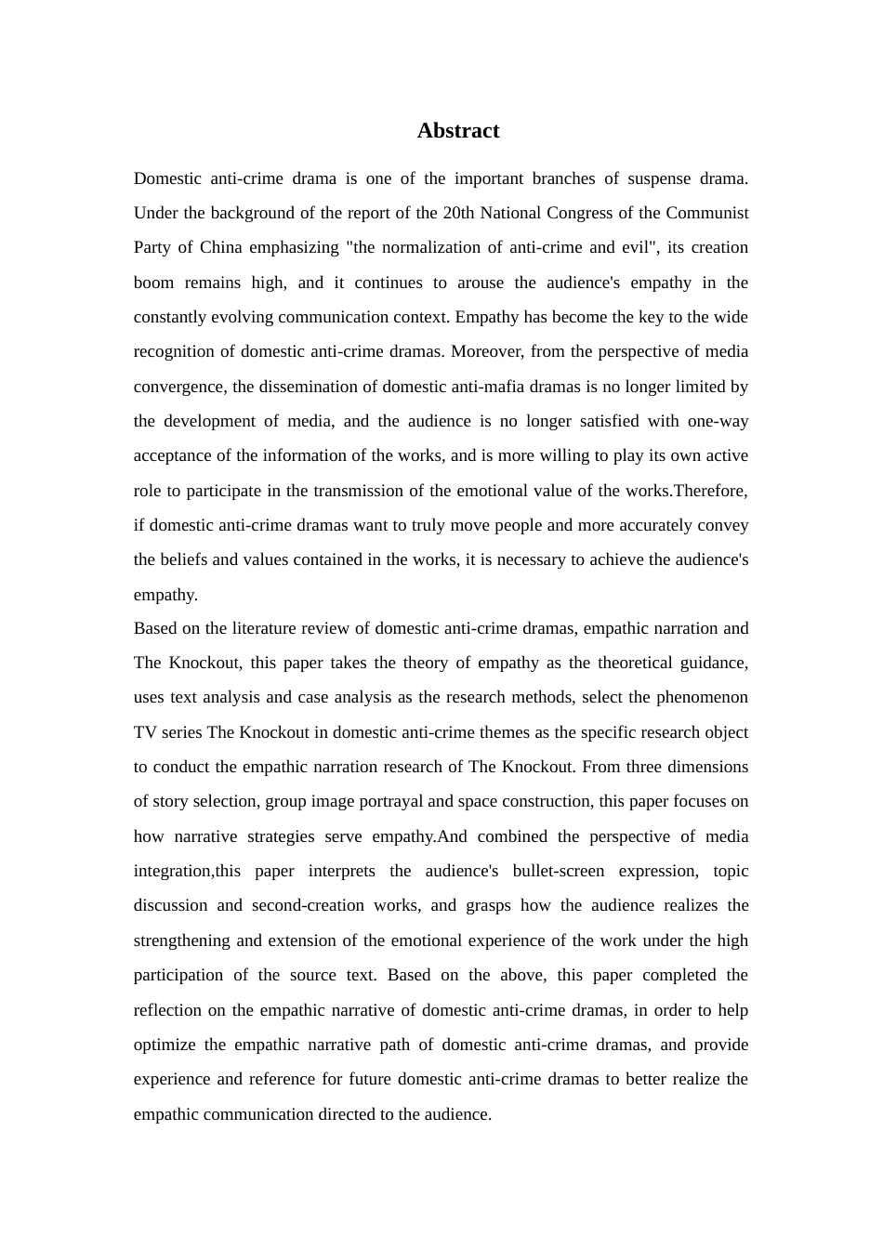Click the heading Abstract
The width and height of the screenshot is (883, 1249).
458,131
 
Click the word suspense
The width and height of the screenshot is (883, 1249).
659,178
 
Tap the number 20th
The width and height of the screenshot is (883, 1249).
459,213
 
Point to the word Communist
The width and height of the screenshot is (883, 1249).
706,213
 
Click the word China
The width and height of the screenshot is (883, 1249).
221,247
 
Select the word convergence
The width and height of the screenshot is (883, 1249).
177,387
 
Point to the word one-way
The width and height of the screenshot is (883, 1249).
718,421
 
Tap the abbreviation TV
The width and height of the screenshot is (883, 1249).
145,732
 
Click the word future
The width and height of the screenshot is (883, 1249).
376,1079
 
